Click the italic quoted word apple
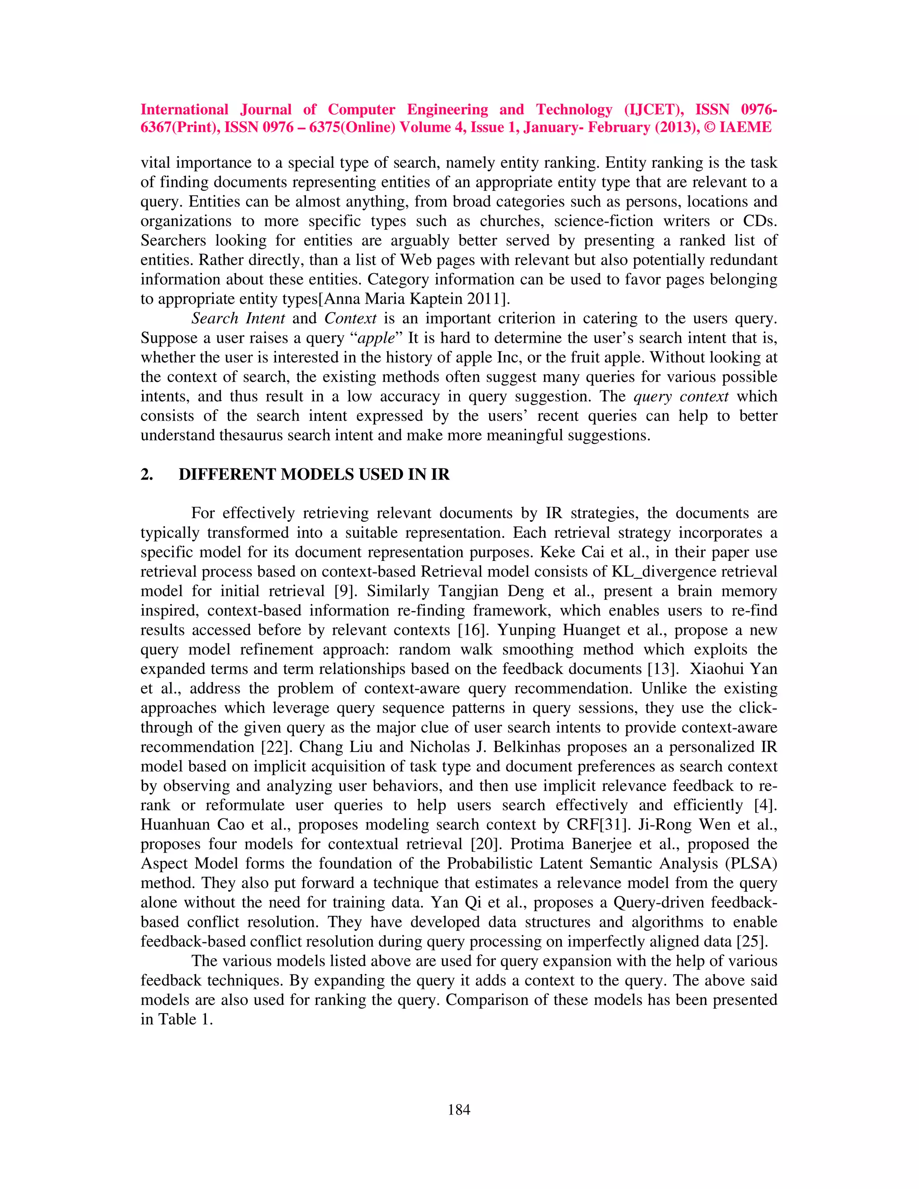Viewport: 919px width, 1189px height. coord(376,338)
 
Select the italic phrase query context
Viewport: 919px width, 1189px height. coord(681,396)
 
